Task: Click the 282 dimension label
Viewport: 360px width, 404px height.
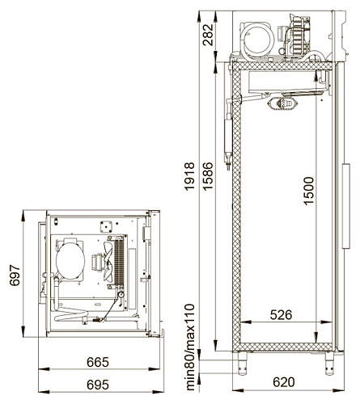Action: (208, 35)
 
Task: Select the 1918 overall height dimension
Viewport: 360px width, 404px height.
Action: (189, 176)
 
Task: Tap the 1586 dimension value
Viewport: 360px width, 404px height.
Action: (208, 176)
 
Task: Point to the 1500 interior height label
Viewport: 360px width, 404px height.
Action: (308, 191)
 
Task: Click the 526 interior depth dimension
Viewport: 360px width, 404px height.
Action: (281, 314)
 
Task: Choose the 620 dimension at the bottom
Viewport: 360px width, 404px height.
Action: (284, 382)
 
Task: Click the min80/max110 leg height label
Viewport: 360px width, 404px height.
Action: (190, 347)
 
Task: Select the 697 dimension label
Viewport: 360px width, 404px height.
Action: (15, 276)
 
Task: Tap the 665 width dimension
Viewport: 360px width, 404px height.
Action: (98, 362)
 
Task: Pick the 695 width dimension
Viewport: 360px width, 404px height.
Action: (98, 385)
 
